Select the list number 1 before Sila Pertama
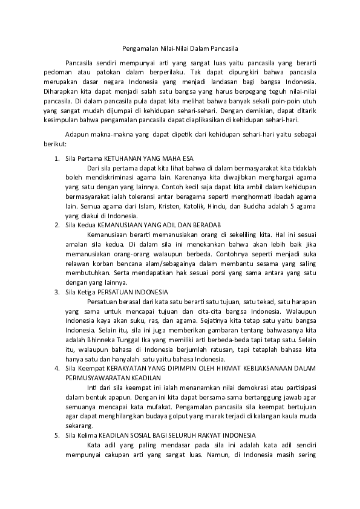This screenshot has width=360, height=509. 56,158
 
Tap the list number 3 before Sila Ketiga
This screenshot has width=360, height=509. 56,291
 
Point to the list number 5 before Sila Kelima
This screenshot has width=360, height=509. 56,435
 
